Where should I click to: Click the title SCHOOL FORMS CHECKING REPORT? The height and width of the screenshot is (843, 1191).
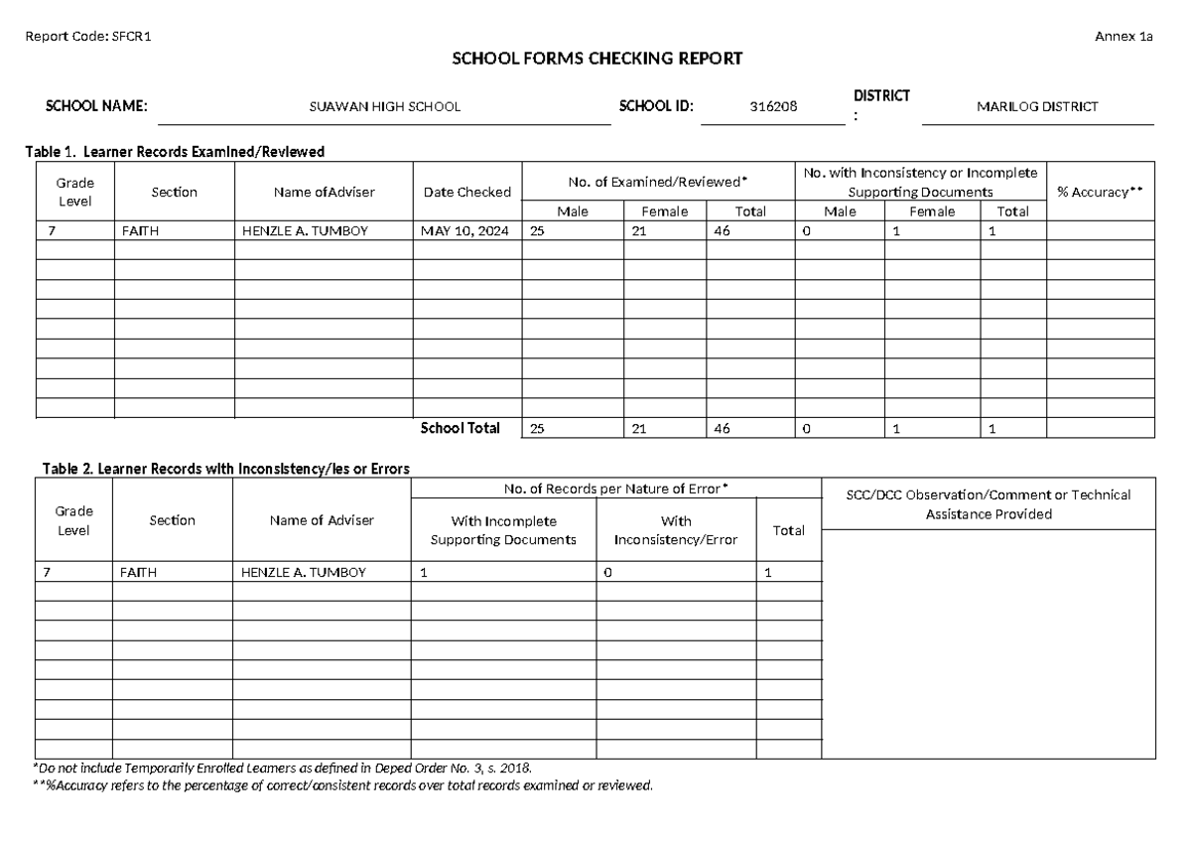tap(596, 60)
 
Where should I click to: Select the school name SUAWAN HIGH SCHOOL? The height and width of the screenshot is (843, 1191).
tap(385, 107)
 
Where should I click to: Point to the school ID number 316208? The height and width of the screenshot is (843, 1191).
tap(773, 107)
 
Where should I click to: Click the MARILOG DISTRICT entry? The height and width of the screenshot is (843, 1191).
tap(1037, 107)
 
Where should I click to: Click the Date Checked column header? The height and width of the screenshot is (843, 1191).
tap(466, 192)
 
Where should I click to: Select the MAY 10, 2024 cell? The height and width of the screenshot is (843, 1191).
tap(463, 230)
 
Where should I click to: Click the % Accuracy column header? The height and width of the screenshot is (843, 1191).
tap(1100, 192)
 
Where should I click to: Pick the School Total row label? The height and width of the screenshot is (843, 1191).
tap(460, 429)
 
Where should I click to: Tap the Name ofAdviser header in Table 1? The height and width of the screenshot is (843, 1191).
tap(324, 192)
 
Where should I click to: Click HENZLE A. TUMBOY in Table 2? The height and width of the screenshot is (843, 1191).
tap(304, 573)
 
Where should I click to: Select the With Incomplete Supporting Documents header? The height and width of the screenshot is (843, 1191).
tap(503, 530)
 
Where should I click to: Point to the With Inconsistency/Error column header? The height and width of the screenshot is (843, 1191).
tap(675, 530)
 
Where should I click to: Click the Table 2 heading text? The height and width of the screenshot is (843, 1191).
tap(225, 469)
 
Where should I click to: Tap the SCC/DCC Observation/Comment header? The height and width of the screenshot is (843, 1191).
tap(988, 504)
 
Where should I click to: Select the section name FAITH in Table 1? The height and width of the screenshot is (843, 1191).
tap(140, 230)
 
